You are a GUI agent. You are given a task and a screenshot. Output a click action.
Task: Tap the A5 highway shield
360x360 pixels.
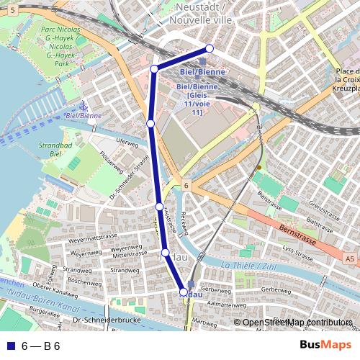click(349, 258)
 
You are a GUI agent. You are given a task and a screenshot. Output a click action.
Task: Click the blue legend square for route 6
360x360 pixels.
click(9, 346)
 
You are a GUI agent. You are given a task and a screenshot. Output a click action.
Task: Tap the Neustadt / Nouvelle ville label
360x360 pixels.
click(198, 14)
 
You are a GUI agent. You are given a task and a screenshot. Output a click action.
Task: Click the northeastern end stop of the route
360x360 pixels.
click(210, 48)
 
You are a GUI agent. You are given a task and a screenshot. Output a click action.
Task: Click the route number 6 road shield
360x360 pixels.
click(186, 185)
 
